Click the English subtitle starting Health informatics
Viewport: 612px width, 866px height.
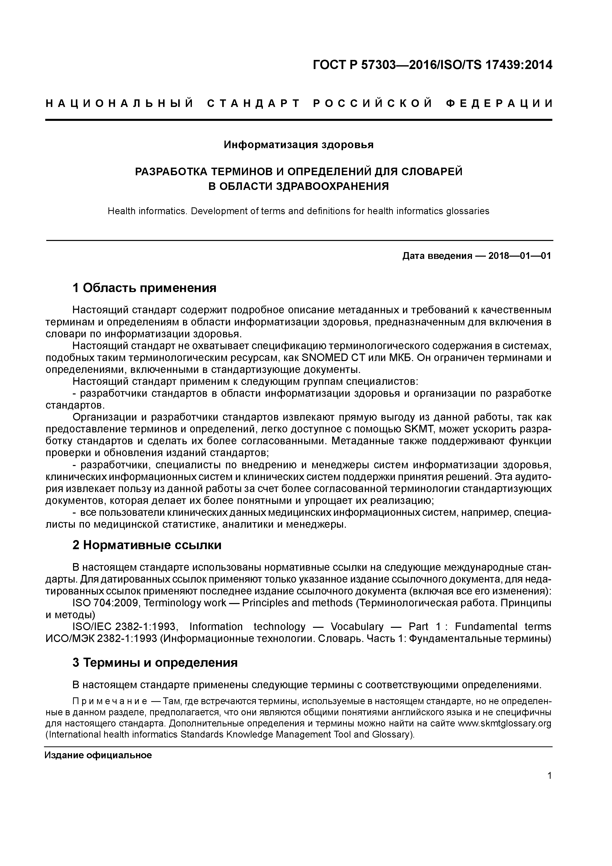298,211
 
